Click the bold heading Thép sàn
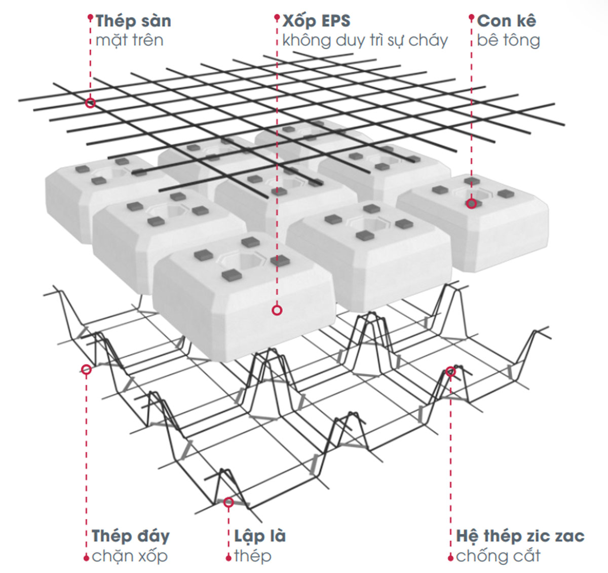(133, 21)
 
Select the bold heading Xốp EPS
(316, 21)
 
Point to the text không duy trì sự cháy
(365, 41)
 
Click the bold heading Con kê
(507, 21)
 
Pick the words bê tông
(508, 41)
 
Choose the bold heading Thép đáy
(131, 536)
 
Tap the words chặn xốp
(130, 556)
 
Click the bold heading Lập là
(260, 536)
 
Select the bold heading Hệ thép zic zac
(520, 536)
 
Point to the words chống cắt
(498, 556)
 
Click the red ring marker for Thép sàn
(90, 103)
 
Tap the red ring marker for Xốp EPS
(277, 311)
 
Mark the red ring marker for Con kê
(472, 204)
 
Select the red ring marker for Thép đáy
(86, 369)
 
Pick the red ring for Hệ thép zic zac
(450, 372)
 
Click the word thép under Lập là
(253, 556)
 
